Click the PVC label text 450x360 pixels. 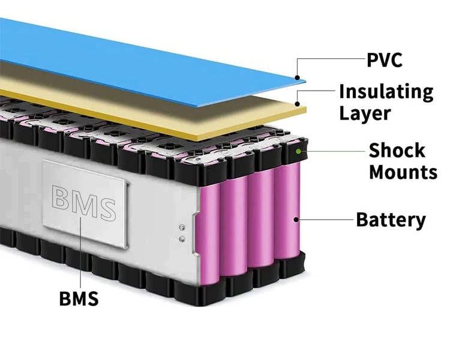(384, 61)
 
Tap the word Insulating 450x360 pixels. (386, 92)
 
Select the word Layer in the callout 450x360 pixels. (365, 113)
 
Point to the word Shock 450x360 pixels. (397, 150)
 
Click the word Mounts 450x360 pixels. (403, 172)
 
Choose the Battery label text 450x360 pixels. (391, 220)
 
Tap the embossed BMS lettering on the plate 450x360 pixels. (83, 203)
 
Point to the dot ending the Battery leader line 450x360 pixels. (296, 220)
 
